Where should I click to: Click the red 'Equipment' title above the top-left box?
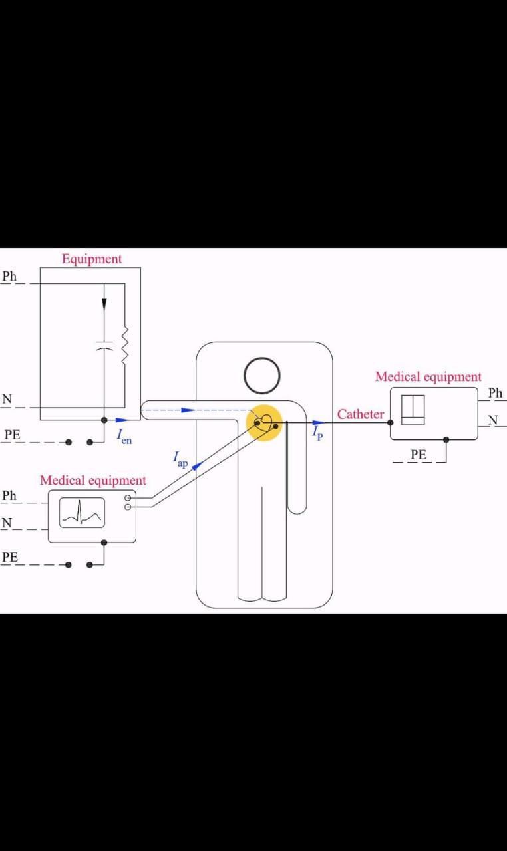click(x=92, y=259)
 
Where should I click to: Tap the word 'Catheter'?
click(x=361, y=414)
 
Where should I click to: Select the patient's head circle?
click(x=261, y=375)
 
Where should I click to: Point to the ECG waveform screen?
click(x=82, y=513)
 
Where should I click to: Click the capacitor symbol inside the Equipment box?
click(x=104, y=346)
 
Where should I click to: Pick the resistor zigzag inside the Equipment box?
click(x=124, y=346)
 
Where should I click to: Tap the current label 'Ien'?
click(x=124, y=437)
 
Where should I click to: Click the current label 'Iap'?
click(x=180, y=459)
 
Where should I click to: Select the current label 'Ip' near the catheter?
click(x=317, y=432)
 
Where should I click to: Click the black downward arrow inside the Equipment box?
click(x=104, y=303)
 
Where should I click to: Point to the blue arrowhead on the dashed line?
click(x=188, y=410)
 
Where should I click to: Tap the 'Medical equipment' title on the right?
click(x=428, y=377)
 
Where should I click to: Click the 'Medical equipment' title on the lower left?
click(x=92, y=481)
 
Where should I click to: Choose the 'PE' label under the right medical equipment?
click(x=418, y=455)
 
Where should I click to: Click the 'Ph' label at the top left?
click(x=9, y=276)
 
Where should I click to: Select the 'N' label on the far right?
click(x=493, y=420)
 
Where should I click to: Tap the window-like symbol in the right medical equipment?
click(x=413, y=410)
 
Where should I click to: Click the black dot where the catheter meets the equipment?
click(x=391, y=422)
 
